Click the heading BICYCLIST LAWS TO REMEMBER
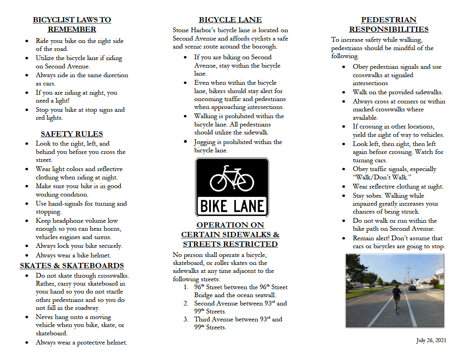tap(72, 24)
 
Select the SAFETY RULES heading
tap(72, 134)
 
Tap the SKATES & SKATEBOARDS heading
tap(72, 266)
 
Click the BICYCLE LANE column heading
tap(230, 20)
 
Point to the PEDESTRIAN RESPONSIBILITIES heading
tap(389, 24)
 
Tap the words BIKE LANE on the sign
tap(232, 206)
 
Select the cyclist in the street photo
tap(396, 298)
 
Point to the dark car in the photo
tap(413, 287)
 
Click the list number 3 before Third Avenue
tap(186, 319)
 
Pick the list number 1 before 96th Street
tap(186, 287)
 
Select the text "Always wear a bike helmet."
tap(73, 255)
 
